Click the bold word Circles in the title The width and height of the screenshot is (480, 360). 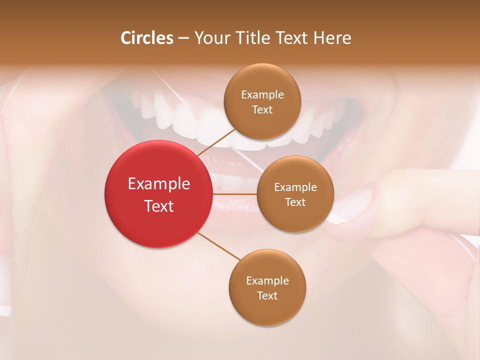[x=147, y=38]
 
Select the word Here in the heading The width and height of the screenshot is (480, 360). [x=332, y=38]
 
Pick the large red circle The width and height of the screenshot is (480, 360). [x=158, y=194]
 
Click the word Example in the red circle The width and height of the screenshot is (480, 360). [x=159, y=184]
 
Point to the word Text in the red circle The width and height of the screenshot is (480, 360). [x=159, y=206]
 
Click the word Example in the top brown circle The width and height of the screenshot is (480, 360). [x=262, y=95]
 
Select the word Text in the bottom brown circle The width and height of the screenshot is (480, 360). [x=267, y=295]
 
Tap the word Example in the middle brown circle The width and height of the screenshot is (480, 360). [x=295, y=187]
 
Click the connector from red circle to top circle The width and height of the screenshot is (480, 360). [x=216, y=142]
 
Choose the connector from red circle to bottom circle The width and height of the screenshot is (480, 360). [x=218, y=246]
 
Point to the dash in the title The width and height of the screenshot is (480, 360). [x=183, y=38]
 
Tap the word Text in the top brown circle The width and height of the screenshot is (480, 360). [x=262, y=110]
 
